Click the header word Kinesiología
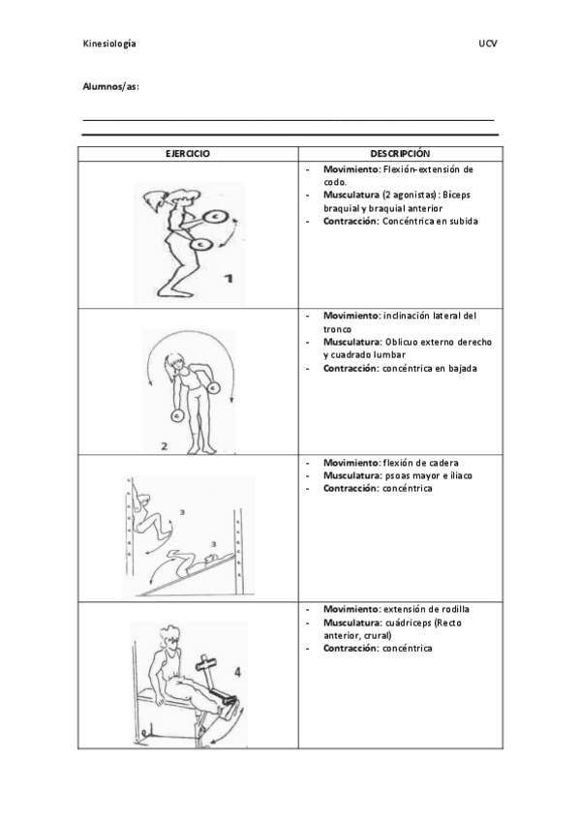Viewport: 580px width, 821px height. pyautogui.click(x=108, y=45)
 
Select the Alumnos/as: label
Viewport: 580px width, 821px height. pyautogui.click(x=110, y=87)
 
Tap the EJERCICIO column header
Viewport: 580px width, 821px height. pyautogui.click(x=188, y=153)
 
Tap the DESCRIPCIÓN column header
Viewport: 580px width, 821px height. pyautogui.click(x=399, y=153)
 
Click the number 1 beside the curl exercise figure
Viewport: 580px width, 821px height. pyautogui.click(x=228, y=280)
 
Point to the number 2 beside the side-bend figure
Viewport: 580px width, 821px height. pyautogui.click(x=165, y=446)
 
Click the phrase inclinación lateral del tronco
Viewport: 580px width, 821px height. pyautogui.click(x=426, y=316)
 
